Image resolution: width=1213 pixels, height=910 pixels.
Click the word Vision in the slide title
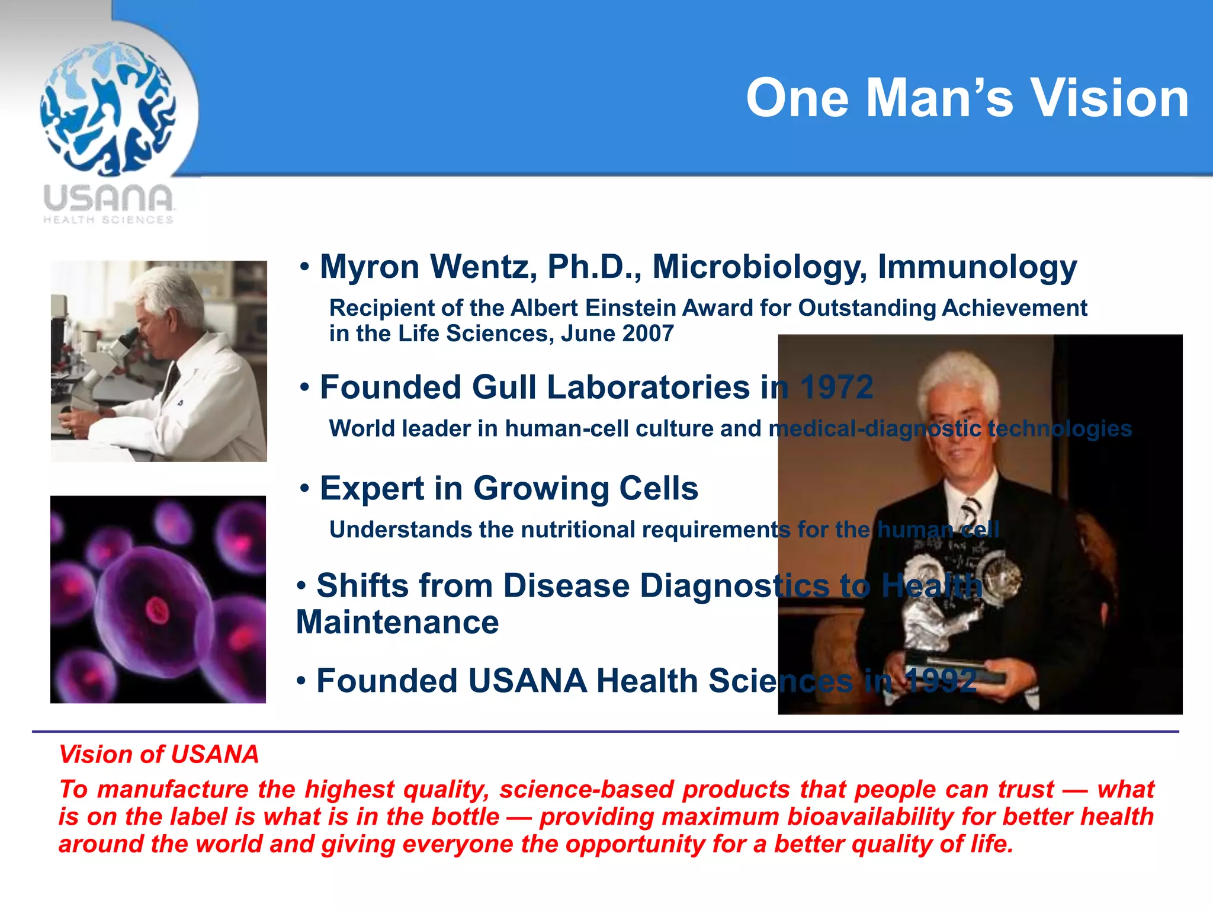1110,98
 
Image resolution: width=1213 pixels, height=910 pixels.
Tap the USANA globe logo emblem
108,108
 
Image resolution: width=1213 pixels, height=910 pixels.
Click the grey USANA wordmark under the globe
108,198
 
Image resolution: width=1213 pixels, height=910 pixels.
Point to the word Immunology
977,267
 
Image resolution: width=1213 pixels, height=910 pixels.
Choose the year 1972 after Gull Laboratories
836,387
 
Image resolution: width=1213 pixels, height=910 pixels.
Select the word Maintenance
397,623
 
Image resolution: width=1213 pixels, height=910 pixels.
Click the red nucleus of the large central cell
158,610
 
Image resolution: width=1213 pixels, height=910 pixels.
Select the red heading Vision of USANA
159,754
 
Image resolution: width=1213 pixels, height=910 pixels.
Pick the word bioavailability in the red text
870,816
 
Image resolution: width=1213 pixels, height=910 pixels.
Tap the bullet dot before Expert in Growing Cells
304,489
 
